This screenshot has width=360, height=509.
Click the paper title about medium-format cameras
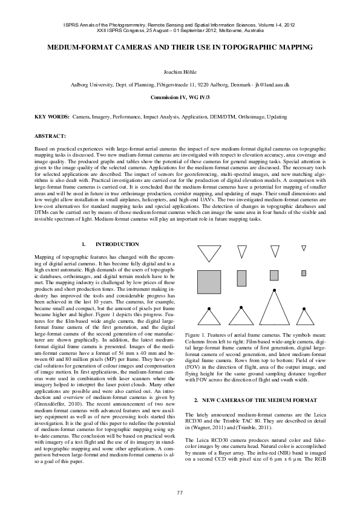180,47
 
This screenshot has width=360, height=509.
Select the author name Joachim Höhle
180,72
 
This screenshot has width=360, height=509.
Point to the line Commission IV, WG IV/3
180,97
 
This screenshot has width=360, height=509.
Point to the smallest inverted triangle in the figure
304,248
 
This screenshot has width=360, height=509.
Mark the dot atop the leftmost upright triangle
209,308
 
